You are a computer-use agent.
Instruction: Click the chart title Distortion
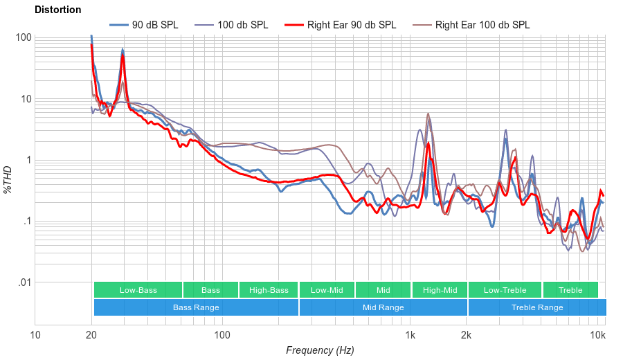click(57, 10)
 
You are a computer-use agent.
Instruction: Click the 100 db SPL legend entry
click(242, 25)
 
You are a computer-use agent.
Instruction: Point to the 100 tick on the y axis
click(24, 37)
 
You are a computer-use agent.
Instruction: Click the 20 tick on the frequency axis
click(91, 335)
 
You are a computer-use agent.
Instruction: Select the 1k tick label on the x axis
click(410, 335)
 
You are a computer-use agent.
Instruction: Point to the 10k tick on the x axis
click(597, 335)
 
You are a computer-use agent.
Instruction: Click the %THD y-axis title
click(9, 180)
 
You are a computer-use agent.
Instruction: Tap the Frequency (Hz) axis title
click(320, 350)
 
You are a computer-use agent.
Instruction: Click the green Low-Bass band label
click(138, 290)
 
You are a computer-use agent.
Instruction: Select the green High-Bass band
click(269, 290)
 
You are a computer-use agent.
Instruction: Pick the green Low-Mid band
click(327, 290)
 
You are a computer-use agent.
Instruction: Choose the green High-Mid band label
click(440, 290)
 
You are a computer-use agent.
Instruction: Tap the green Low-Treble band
click(505, 290)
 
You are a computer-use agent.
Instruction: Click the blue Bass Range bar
click(196, 307)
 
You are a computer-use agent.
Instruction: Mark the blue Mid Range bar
click(383, 307)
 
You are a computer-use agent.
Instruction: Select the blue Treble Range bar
click(536, 307)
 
